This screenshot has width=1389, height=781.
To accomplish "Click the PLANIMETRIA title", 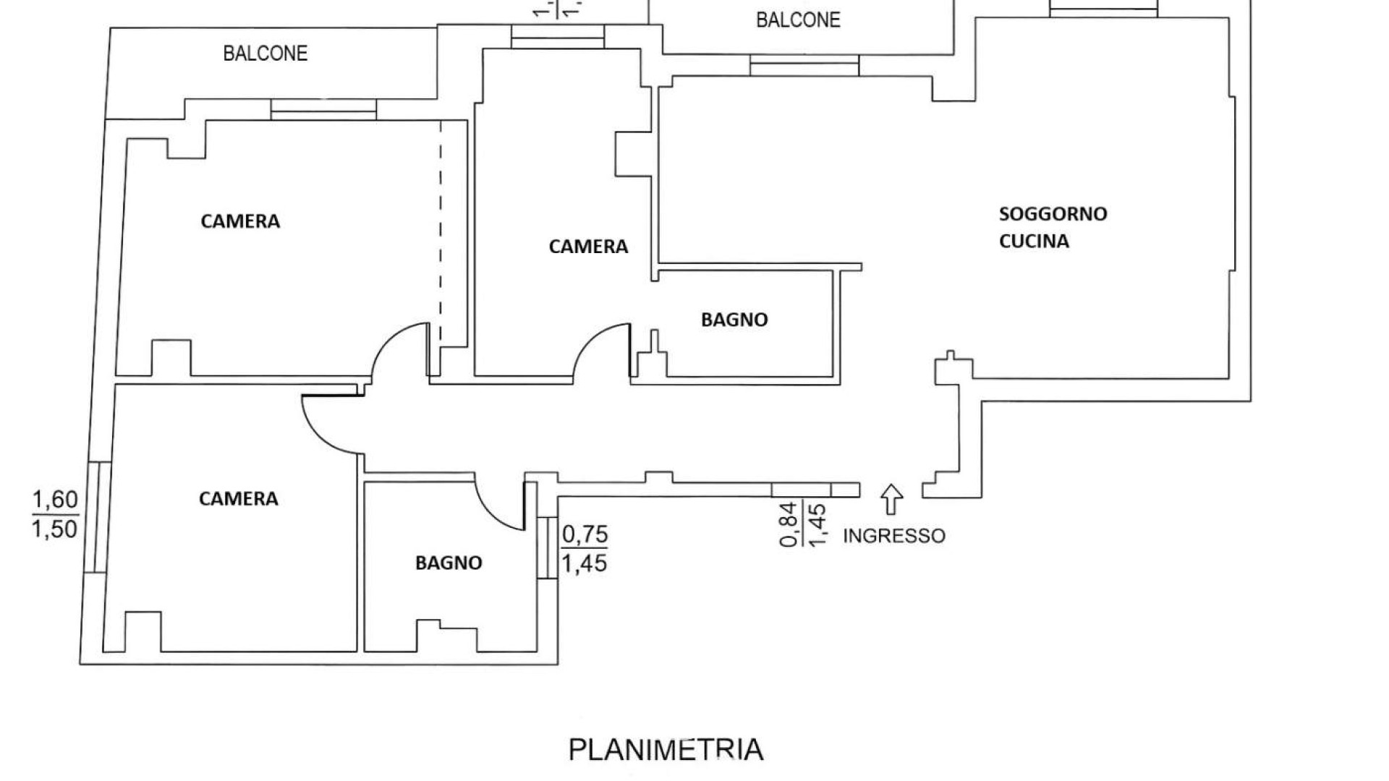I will click(665, 750).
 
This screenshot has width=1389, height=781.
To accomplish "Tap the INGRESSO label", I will click(894, 536).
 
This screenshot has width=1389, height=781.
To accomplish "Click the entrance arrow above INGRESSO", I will click(892, 500).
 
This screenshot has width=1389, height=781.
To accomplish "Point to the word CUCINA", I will click(1034, 242).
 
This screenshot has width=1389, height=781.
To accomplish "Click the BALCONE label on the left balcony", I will click(265, 54).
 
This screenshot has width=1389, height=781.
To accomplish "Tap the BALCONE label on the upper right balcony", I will click(798, 20).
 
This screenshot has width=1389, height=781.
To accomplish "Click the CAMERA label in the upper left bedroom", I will click(240, 221).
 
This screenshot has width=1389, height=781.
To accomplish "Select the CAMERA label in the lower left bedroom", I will click(238, 499).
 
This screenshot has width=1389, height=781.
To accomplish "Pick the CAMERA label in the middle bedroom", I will click(588, 247).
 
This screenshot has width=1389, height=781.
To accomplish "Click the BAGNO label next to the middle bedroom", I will click(734, 320).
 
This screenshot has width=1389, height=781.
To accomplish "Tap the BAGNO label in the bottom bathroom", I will click(449, 563).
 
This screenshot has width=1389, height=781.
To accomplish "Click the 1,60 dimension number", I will click(55, 500).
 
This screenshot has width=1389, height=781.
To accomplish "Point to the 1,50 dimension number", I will click(55, 529).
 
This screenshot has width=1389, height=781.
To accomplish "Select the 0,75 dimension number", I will click(585, 535).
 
